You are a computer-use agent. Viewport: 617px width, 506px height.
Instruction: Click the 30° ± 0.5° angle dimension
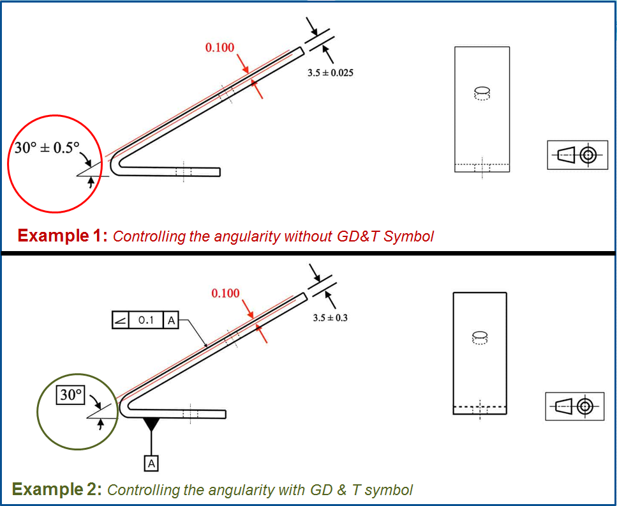(47, 149)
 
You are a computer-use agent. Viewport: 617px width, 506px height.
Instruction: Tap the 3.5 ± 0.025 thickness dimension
(331, 73)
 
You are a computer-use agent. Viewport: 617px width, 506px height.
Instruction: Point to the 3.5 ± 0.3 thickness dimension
(331, 318)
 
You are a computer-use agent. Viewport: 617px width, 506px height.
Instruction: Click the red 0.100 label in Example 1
(219, 47)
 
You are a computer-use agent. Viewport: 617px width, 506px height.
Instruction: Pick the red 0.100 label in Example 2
(226, 293)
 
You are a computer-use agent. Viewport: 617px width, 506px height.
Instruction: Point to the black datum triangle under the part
(151, 424)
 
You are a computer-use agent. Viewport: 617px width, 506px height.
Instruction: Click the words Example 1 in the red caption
(62, 236)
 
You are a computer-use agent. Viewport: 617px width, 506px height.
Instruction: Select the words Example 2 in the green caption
(57, 490)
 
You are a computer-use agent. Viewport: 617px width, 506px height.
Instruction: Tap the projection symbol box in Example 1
(577, 155)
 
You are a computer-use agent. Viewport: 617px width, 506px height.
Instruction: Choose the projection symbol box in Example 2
(575, 406)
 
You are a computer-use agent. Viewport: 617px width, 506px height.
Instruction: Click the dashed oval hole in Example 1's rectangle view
(482, 93)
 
